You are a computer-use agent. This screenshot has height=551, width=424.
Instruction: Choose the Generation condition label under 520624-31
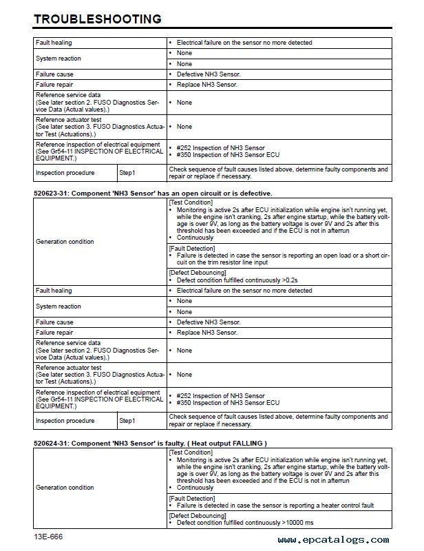tap(65, 487)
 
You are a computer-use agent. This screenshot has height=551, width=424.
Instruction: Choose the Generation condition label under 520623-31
tap(65, 241)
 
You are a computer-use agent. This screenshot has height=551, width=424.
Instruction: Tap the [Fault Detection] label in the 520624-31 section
tap(189, 498)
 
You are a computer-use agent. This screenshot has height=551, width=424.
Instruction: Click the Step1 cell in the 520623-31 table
tap(128, 420)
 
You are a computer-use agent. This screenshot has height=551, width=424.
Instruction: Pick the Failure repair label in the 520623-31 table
tap(54, 332)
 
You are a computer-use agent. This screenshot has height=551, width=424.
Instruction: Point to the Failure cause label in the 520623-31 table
tap(54, 322)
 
